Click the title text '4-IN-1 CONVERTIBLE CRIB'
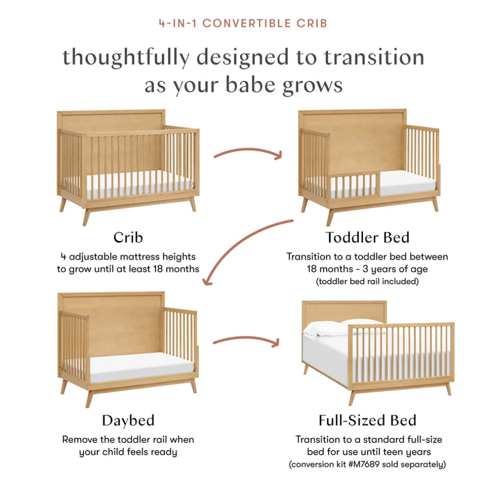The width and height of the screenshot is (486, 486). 243,23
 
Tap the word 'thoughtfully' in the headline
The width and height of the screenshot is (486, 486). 126,58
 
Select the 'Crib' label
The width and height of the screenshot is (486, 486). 128,238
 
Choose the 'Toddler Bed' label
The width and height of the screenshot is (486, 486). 367,238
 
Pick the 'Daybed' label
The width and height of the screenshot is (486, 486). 128,421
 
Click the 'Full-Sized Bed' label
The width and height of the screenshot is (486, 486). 367,420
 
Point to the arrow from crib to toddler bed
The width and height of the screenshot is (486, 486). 248,151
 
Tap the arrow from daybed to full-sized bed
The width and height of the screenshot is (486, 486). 246,338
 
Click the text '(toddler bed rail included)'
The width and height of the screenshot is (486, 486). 367,281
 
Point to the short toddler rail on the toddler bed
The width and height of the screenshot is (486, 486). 354,185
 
